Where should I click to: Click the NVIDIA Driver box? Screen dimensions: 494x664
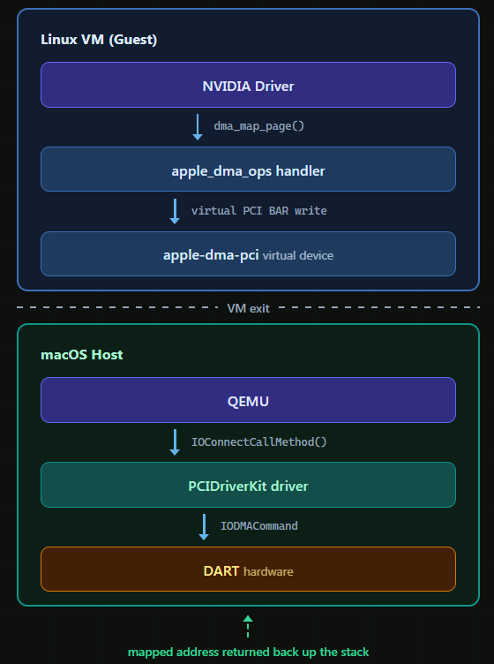tap(248, 85)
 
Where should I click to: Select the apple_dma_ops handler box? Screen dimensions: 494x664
tap(248, 170)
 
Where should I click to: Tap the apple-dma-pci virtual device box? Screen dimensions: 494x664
tap(248, 254)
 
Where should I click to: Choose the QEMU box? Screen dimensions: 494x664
tap(248, 400)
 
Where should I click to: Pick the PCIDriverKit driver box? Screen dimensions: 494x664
tap(248, 485)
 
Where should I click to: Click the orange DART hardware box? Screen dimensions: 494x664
tap(248, 570)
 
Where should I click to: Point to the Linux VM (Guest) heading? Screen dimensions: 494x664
tap(99, 40)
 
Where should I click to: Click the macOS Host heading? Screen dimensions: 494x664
tap(82, 354)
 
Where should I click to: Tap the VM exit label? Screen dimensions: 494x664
tap(248, 308)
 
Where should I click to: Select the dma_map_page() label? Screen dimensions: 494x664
tap(258, 125)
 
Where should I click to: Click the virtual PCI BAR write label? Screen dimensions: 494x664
tap(258, 210)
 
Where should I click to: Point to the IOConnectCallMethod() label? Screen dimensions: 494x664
tap(258, 442)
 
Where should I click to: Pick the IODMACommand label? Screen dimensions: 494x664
tap(258, 526)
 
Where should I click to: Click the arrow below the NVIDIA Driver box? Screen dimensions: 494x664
tap(198, 127)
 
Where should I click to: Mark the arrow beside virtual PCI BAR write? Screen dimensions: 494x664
tap(175, 211)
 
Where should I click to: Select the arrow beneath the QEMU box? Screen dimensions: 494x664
tap(175, 442)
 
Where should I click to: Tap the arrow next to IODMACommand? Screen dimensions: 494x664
tap(204, 527)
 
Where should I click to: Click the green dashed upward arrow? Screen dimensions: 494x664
tap(248, 626)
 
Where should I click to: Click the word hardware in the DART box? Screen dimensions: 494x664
tap(268, 571)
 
